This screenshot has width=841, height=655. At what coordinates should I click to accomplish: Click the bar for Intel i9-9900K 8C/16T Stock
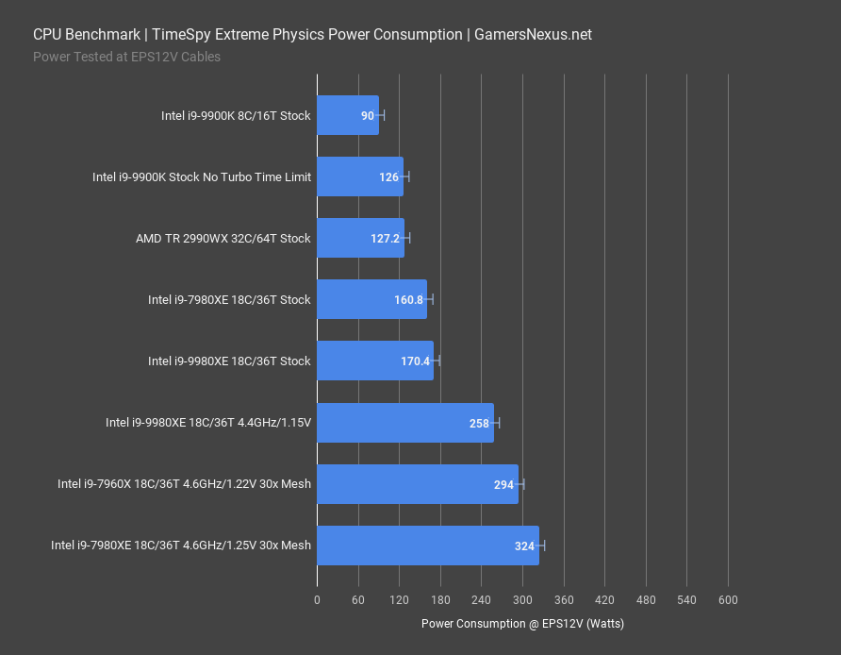coord(347,115)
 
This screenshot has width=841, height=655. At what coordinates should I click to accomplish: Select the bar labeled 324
coord(427,546)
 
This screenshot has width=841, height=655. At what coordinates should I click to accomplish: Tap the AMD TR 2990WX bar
coord(360,238)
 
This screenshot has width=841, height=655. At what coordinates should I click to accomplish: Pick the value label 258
coord(479,423)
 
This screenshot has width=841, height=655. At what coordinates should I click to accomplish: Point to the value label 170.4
coord(415,361)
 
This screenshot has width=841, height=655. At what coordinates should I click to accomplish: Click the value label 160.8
coord(408,300)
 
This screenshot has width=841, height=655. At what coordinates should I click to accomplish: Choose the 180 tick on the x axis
coord(440,600)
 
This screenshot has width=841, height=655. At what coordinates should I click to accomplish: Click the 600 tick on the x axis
coord(728,600)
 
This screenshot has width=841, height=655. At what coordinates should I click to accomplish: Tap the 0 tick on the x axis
coord(317,600)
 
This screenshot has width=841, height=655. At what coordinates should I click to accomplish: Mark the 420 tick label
coord(604,600)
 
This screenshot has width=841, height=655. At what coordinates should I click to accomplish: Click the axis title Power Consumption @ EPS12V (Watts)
coord(522,624)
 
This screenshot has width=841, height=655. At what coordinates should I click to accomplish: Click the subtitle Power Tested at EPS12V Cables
coord(126,57)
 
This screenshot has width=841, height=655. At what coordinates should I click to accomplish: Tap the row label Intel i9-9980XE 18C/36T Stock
coord(229,361)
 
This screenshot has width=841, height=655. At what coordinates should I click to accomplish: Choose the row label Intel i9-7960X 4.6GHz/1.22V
coord(184,484)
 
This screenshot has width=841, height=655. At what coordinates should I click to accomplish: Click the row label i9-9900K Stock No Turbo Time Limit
coord(201,177)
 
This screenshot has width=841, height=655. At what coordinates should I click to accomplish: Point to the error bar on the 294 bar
coord(519,484)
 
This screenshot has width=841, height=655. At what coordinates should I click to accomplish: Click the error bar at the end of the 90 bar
coord(380,115)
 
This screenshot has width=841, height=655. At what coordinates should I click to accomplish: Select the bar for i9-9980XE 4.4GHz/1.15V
coord(405,423)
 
